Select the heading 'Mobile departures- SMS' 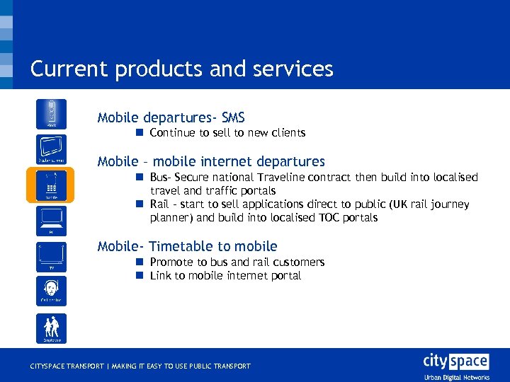click(171, 117)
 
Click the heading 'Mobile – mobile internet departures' click(211, 161)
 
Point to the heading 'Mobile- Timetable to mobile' click(187, 245)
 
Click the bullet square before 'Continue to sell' click(140, 132)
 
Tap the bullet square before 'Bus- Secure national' click(140, 177)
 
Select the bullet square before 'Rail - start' click(140, 204)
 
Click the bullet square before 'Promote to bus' click(140, 262)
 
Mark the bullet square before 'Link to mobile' click(140, 276)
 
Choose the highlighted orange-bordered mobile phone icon click(51, 185)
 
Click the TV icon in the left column click(51, 256)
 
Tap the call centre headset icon click(51, 290)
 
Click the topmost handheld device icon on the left click(51, 114)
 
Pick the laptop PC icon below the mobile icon click(51, 220)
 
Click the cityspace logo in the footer click(455, 361)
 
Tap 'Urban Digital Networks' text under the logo click(455, 376)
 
